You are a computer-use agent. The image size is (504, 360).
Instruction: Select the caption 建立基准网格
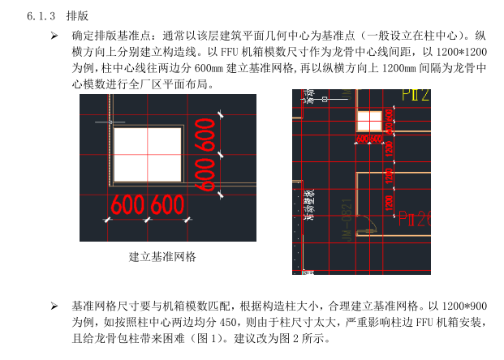pos(162,257)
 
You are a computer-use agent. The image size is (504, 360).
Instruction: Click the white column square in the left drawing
pos(147,154)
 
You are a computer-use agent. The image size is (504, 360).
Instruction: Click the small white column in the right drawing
pos(369,121)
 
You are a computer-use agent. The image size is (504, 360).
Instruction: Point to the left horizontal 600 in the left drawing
pos(128,205)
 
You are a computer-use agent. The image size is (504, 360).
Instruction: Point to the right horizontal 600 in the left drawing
pos(167,205)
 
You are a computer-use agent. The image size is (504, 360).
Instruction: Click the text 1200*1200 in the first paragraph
pos(460,53)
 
